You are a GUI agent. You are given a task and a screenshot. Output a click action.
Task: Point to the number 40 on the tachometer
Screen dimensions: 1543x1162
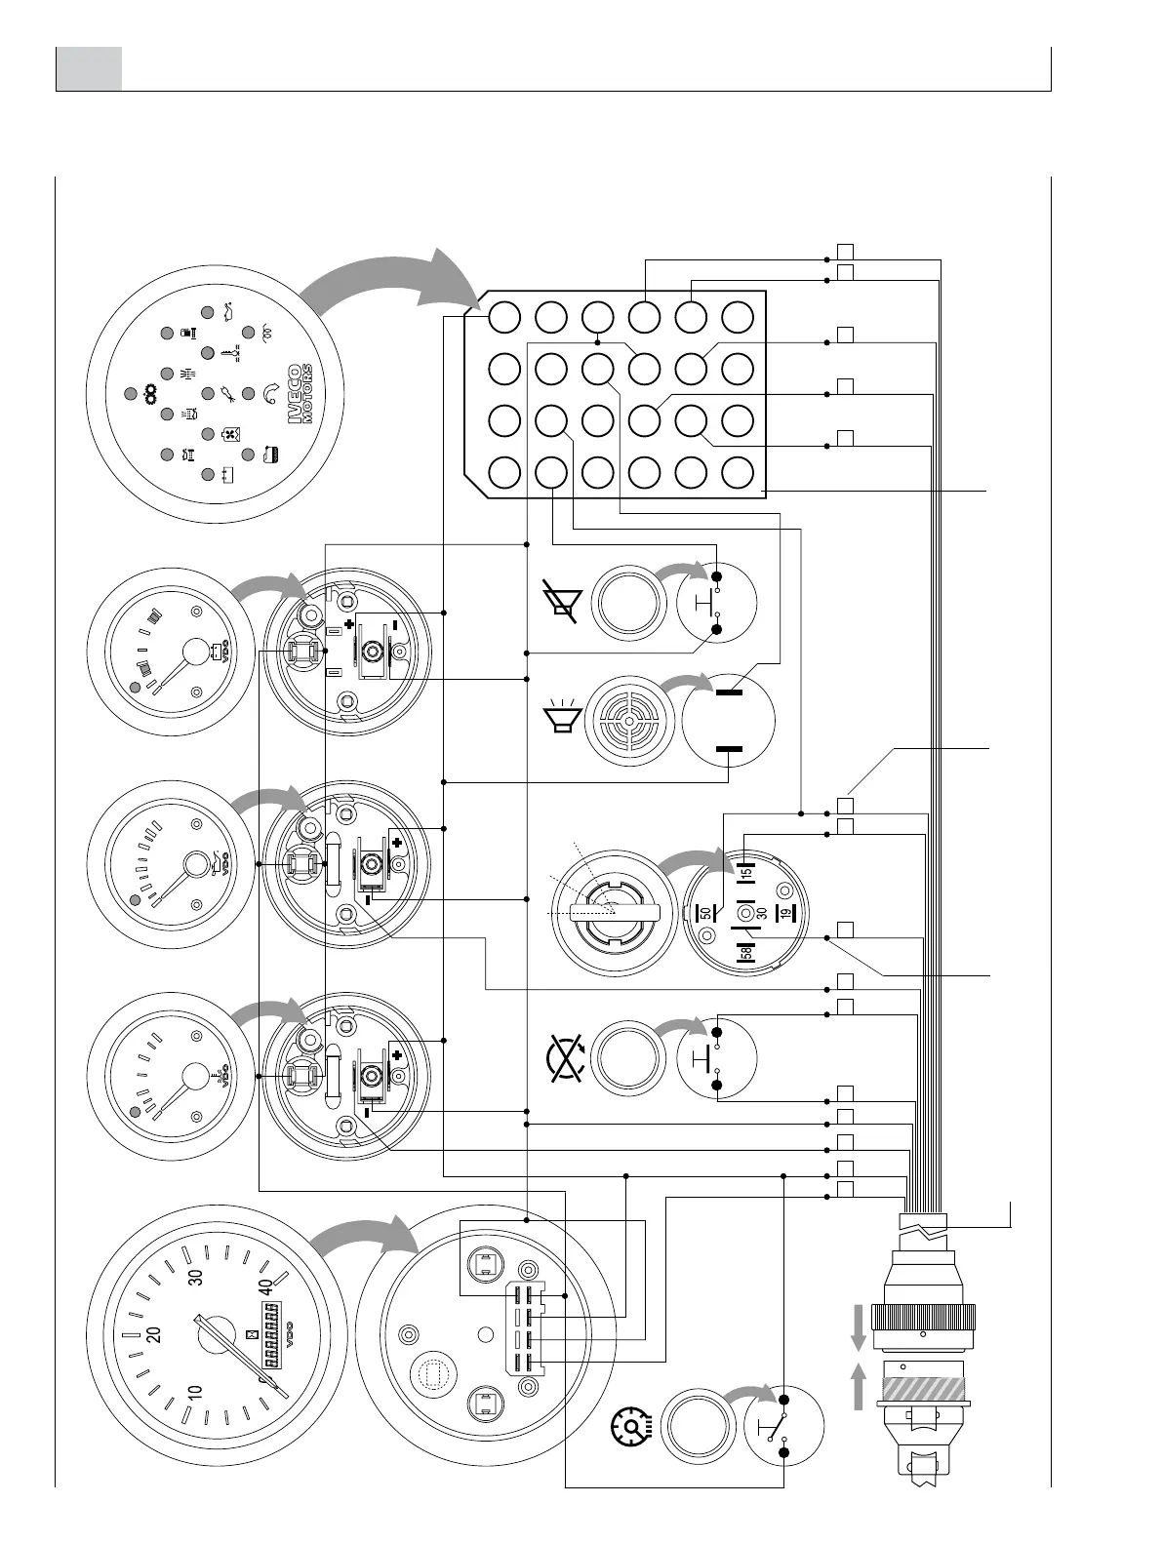coord(264,1286)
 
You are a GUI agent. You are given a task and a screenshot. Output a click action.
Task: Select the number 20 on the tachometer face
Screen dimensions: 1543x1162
coord(153,1334)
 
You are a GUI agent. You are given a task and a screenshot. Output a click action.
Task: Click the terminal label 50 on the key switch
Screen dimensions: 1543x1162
coord(704,914)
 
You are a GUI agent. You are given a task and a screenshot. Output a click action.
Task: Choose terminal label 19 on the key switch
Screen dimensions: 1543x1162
coord(781,914)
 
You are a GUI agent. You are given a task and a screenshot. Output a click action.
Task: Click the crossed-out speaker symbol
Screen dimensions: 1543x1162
coord(563,599)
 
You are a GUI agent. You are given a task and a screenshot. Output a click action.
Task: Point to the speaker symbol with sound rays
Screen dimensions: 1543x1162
coord(563,716)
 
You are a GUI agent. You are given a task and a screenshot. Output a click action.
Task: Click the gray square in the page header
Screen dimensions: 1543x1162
coord(89,68)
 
